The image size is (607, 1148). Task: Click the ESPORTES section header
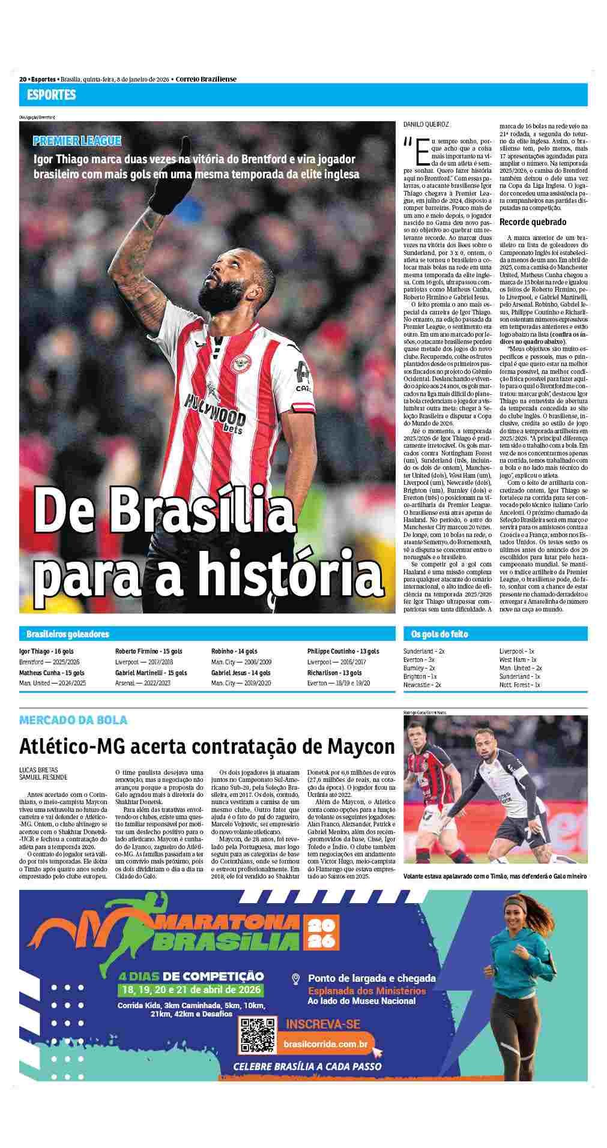point(51,95)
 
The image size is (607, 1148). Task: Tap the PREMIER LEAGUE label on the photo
point(77,141)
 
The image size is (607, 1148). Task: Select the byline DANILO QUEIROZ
point(426,124)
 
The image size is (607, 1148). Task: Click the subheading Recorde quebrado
point(533,222)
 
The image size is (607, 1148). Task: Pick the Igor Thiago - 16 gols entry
point(46,651)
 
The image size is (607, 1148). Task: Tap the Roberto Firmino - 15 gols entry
point(149,651)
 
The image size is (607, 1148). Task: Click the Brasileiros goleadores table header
point(68,634)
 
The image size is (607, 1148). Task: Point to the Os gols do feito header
point(439,634)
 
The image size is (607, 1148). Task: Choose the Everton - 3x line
point(419,660)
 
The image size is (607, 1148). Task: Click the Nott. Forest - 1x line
point(520,685)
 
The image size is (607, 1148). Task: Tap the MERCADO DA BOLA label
point(73,720)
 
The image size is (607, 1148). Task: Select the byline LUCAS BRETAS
point(39,769)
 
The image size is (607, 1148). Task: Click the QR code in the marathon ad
point(257,1036)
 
